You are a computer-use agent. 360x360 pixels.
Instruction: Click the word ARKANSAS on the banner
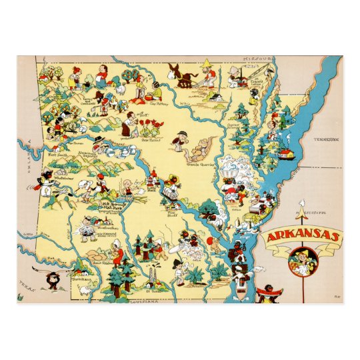pos(302,237)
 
